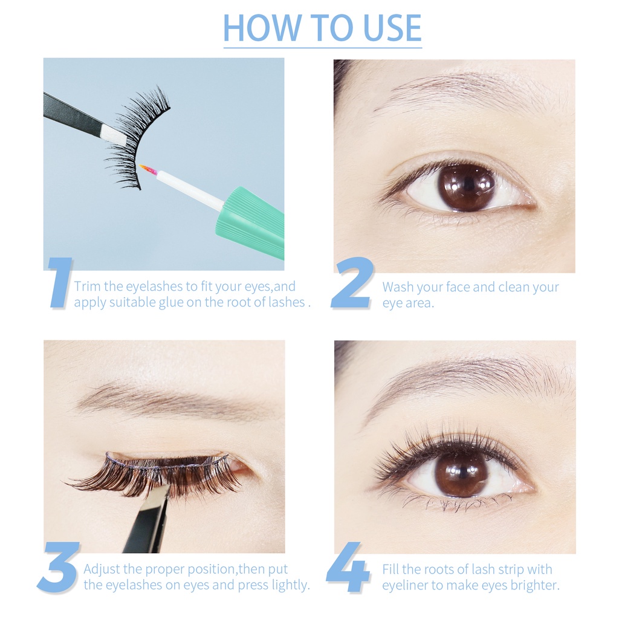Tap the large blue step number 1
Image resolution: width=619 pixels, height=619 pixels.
point(60,282)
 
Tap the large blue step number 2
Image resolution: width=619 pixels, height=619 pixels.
point(351,283)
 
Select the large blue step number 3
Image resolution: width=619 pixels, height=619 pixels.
point(59,566)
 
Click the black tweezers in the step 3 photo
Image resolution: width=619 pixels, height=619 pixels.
point(148,520)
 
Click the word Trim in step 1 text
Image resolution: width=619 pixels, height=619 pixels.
point(87,287)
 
